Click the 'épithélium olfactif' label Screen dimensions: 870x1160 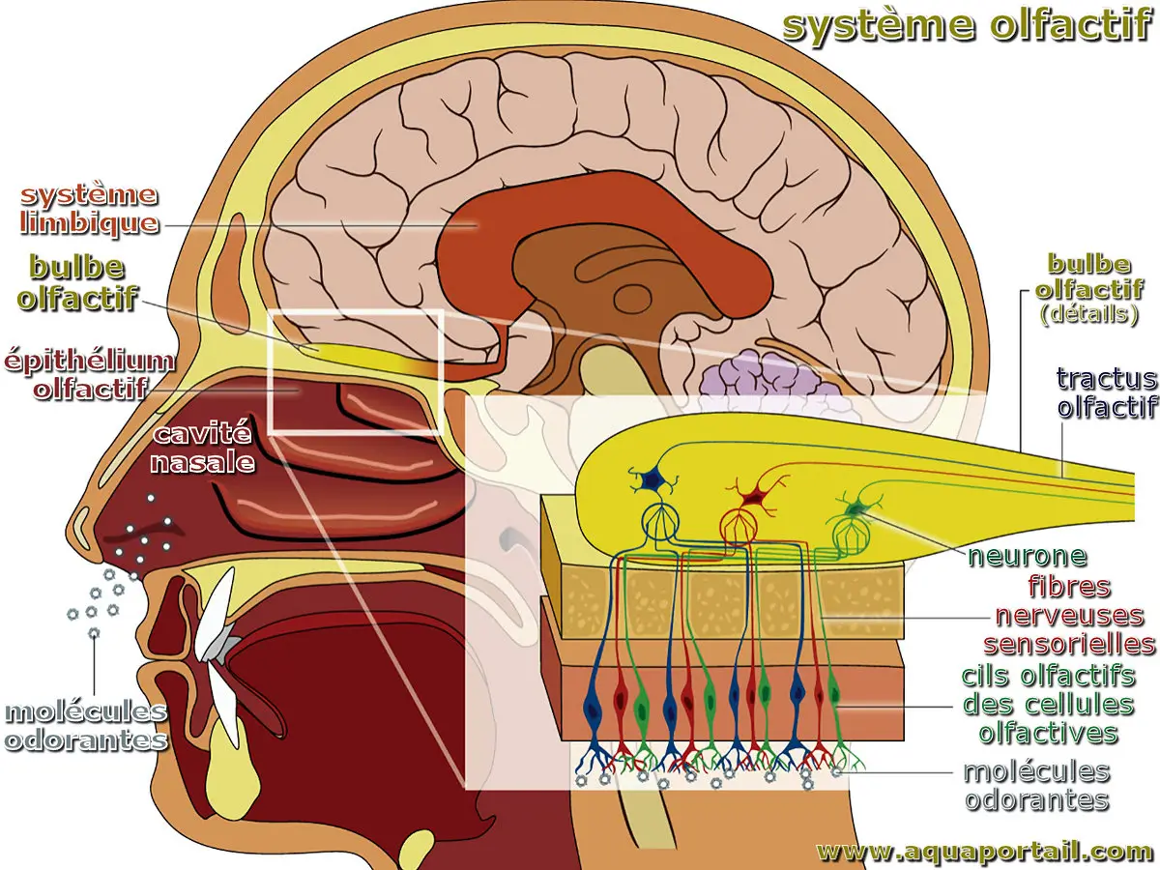click(x=89, y=375)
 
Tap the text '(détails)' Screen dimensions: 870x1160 click(x=1088, y=315)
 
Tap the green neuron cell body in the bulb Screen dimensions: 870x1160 click(x=855, y=507)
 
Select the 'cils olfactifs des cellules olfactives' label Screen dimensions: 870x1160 click(x=1048, y=703)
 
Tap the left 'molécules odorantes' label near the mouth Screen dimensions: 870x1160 click(x=85, y=726)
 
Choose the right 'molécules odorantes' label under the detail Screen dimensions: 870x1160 click(x=1036, y=786)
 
